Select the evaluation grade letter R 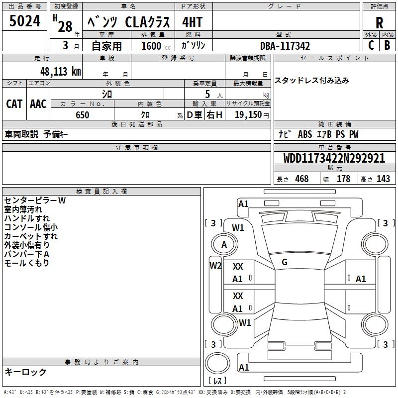click(379, 23)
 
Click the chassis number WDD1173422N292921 click(334, 158)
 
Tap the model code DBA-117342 click(285, 46)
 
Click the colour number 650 click(82, 115)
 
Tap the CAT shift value click(14, 103)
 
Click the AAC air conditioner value click(38, 103)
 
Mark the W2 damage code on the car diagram click(215, 265)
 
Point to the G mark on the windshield click(285, 262)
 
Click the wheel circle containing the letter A click(224, 244)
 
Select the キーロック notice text click(25, 372)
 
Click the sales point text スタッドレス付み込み click(312, 80)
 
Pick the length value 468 click(301, 179)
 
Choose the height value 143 click(383, 179)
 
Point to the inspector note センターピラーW click(35, 200)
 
